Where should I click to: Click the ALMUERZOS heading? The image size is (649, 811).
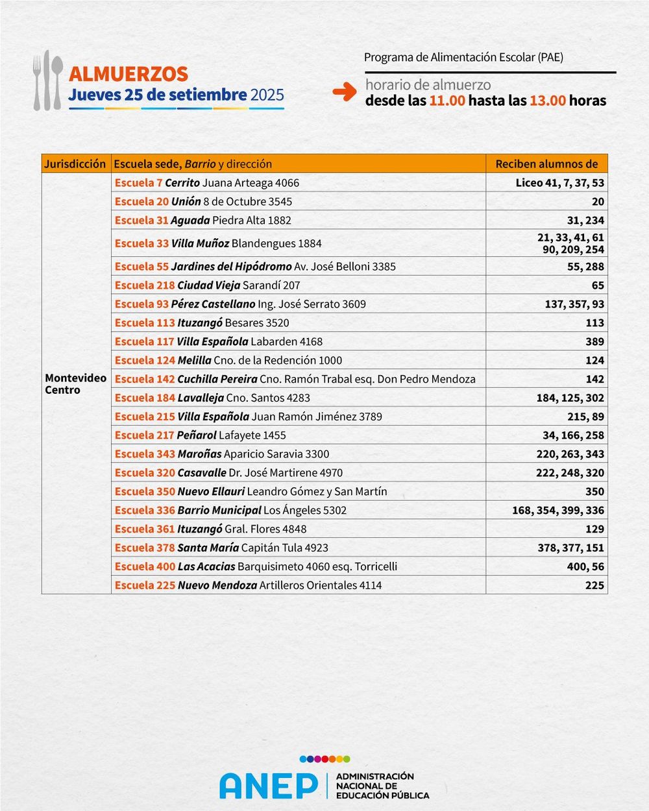point(128,74)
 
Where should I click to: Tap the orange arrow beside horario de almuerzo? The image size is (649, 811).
point(345,92)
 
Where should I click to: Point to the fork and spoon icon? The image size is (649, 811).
point(48,80)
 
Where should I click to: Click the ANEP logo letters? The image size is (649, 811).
point(268,785)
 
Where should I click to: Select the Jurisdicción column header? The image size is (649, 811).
point(75,164)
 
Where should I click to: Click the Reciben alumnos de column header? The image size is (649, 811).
point(546,164)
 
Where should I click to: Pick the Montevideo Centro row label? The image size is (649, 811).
point(75,384)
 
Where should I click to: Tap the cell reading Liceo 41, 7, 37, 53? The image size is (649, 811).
point(559,183)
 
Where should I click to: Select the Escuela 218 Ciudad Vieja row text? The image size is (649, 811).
point(207,285)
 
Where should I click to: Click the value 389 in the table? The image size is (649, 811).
point(594,342)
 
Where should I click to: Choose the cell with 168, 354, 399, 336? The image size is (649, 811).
point(557,511)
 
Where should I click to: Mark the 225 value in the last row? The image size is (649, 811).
point(594,586)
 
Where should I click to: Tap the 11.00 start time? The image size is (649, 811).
point(447,101)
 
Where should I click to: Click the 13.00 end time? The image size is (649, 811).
point(547,101)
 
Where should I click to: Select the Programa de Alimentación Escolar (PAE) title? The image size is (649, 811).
point(463,57)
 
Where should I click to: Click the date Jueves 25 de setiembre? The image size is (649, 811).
point(158,95)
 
